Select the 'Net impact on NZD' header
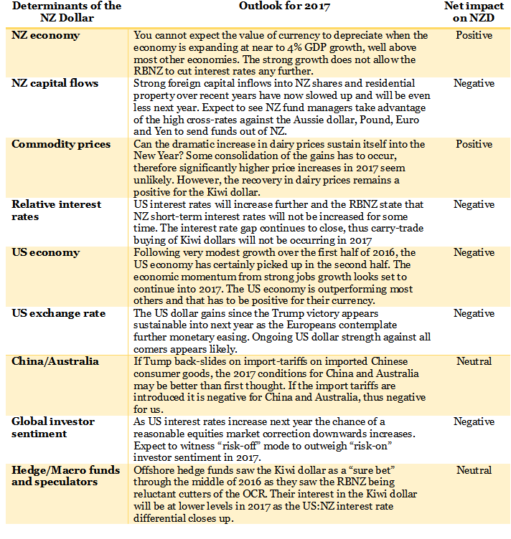[x=473, y=12]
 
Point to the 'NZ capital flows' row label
[x=55, y=84]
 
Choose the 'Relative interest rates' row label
[x=57, y=210]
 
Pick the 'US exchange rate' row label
[x=58, y=313]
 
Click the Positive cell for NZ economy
[x=474, y=35]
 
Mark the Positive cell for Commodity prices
[x=474, y=144]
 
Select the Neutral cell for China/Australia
[x=474, y=362]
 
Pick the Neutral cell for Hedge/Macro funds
[x=474, y=470]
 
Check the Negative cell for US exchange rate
[x=474, y=313]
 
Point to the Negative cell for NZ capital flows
[x=474, y=84]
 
